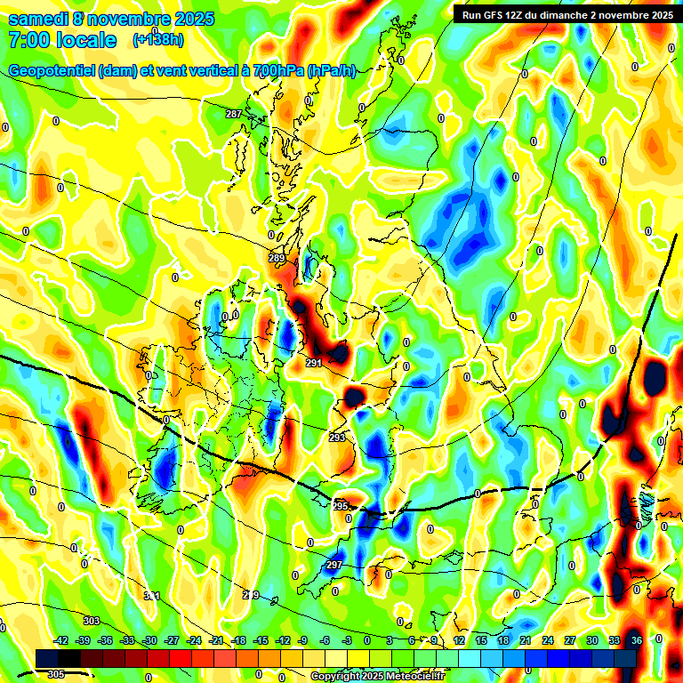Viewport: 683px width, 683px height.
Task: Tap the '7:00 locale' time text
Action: (x=62, y=40)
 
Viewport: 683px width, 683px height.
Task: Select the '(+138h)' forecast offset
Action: (x=158, y=40)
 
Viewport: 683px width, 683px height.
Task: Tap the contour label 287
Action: (x=234, y=114)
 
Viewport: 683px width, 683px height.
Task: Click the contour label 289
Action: (x=277, y=259)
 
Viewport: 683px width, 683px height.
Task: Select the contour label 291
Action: (x=313, y=363)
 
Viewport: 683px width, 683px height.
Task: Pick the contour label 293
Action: (x=336, y=438)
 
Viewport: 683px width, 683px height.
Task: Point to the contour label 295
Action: (x=341, y=505)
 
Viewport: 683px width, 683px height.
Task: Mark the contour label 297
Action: (x=333, y=566)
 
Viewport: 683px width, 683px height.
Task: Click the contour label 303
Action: (x=91, y=620)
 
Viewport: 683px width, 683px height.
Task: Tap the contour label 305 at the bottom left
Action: (x=55, y=674)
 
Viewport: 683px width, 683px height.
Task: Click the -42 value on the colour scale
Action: (x=61, y=641)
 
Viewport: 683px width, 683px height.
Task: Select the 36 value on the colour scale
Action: (x=636, y=641)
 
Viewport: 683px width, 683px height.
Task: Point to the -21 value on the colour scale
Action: (x=215, y=641)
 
